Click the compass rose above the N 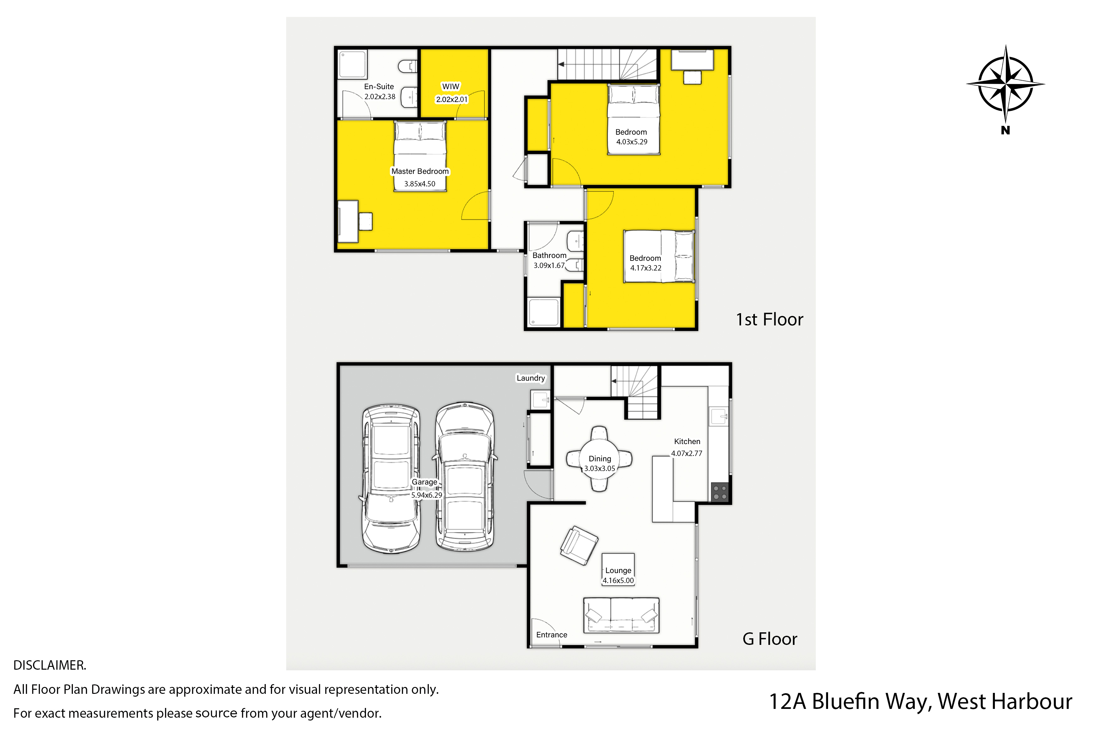[1006, 84]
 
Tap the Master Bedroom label [420, 171]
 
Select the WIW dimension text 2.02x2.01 [452, 99]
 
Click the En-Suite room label [379, 87]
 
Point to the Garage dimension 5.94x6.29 [426, 495]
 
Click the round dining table [599, 459]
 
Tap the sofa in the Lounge [621, 615]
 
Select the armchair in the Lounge [579, 545]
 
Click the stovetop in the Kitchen [720, 492]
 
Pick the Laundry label [531, 378]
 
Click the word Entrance [551, 635]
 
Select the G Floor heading [770, 639]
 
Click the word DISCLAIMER [50, 665]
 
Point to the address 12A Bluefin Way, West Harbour [921, 701]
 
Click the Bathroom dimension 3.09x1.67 [549, 265]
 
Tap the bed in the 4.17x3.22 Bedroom [659, 256]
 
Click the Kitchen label [687, 442]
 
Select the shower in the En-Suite [353, 64]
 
